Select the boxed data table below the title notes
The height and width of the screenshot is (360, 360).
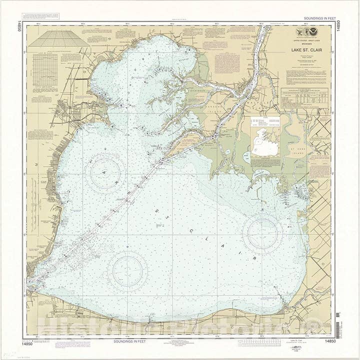(x=304, y=98)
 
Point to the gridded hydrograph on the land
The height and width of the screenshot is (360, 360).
(x=45, y=70)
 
